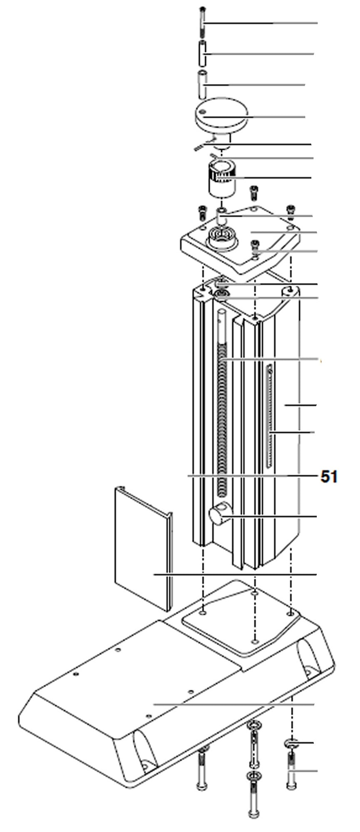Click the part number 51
click(x=329, y=477)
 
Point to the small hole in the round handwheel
click(x=204, y=112)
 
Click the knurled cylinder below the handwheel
click(x=222, y=179)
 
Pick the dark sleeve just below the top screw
click(x=203, y=54)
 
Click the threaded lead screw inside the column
click(x=223, y=408)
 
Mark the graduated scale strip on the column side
click(x=270, y=416)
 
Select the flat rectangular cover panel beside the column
click(x=142, y=549)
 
